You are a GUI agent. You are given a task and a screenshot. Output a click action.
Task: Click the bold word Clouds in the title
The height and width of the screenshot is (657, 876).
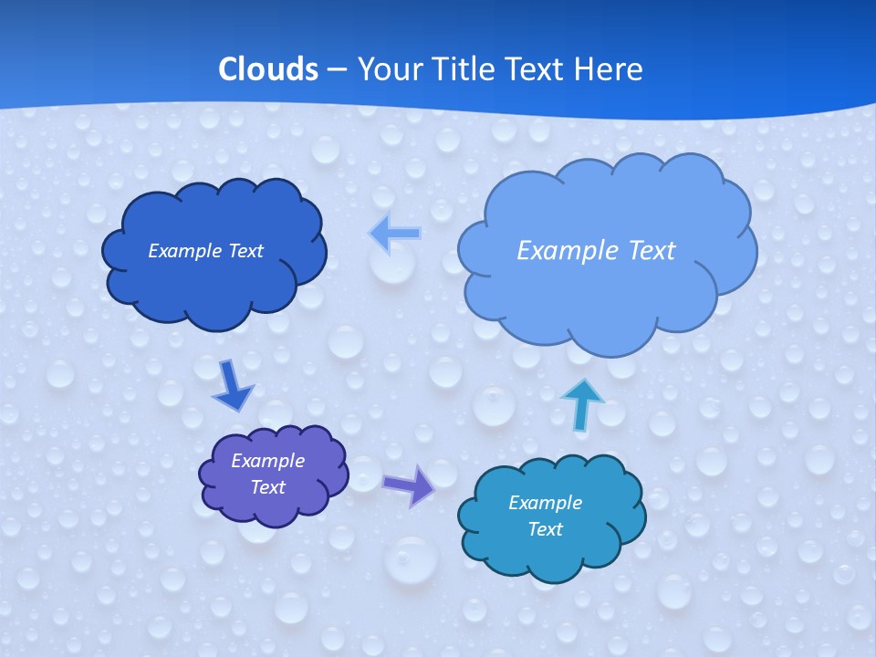click(x=268, y=69)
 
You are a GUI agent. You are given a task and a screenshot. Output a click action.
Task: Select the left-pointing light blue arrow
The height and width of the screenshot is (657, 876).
click(x=395, y=234)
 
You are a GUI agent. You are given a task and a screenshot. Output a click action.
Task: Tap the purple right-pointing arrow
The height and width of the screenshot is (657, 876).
click(x=410, y=485)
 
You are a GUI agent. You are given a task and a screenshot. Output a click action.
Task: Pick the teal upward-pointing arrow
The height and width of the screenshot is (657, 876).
click(x=581, y=404)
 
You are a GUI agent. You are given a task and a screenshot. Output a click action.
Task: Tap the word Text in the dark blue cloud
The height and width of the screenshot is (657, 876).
click(x=245, y=251)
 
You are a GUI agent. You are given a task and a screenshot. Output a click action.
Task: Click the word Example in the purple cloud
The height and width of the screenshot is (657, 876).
click(x=267, y=461)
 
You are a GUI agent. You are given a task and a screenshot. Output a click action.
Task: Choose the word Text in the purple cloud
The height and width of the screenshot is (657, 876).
click(x=267, y=487)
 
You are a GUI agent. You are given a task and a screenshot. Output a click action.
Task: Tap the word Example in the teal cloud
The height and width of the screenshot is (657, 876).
click(x=545, y=503)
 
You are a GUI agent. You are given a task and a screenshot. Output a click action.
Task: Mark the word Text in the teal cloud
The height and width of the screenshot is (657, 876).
click(x=545, y=529)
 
